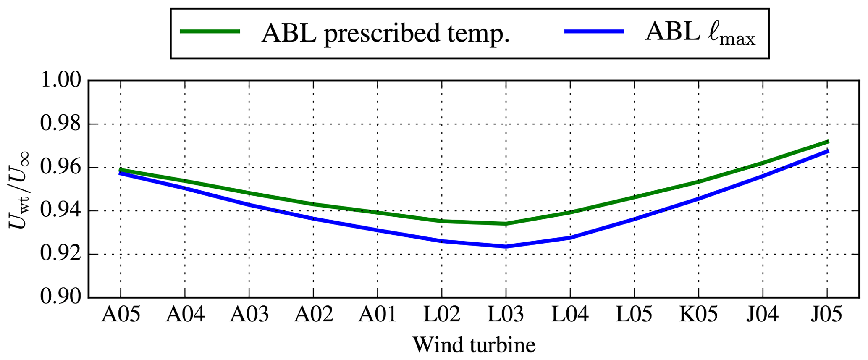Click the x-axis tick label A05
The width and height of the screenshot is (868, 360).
click(x=121, y=314)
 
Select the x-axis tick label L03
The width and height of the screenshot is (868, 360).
click(x=506, y=314)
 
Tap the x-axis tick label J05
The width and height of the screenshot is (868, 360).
click(x=827, y=314)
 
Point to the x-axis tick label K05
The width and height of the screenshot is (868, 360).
click(x=698, y=314)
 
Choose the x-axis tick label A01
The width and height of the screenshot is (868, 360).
click(x=378, y=314)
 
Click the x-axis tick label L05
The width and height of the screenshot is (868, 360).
click(x=634, y=314)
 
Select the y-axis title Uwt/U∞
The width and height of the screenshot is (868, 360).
click(x=19, y=189)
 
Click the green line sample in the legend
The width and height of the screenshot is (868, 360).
click(x=210, y=32)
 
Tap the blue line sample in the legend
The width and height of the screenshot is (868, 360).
click(x=594, y=32)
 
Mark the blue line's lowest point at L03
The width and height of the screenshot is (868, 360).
click(x=506, y=246)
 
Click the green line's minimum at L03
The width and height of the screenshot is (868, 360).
click(x=506, y=223)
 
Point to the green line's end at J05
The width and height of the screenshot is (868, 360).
click(x=827, y=142)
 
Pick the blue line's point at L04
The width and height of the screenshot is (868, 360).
click(x=570, y=237)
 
